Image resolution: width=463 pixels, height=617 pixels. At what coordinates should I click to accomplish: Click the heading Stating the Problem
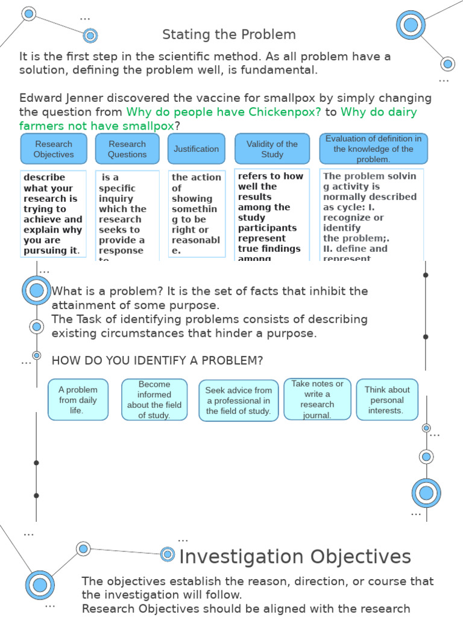(x=229, y=35)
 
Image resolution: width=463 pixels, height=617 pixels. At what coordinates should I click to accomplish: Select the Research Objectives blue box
(x=54, y=149)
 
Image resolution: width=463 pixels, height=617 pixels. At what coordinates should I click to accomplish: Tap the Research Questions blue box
(x=127, y=149)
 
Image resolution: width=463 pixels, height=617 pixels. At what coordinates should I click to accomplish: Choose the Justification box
(x=196, y=149)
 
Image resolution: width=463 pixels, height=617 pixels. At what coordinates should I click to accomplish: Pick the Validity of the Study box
(x=272, y=149)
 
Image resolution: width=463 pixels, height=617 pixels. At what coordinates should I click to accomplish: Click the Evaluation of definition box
(x=373, y=149)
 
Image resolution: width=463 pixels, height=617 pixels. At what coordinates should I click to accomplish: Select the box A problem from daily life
(x=78, y=399)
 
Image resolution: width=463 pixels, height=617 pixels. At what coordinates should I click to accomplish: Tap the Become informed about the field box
(x=154, y=399)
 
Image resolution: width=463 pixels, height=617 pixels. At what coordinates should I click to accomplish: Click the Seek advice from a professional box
(x=239, y=400)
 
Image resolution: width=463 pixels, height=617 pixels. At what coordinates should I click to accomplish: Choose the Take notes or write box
(x=317, y=399)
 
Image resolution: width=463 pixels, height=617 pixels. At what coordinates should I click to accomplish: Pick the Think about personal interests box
(x=387, y=399)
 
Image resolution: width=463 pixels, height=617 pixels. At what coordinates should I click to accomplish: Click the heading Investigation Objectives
(x=295, y=556)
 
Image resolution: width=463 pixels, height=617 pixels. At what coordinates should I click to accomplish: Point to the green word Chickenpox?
(x=284, y=112)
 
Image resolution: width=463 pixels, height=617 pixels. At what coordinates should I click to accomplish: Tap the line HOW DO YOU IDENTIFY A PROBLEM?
(x=157, y=361)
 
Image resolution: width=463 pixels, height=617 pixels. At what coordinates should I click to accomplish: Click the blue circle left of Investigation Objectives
(x=168, y=554)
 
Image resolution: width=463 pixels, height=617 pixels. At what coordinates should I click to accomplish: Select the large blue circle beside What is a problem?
(x=37, y=291)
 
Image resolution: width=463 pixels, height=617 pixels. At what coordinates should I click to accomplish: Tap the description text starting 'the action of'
(x=196, y=214)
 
